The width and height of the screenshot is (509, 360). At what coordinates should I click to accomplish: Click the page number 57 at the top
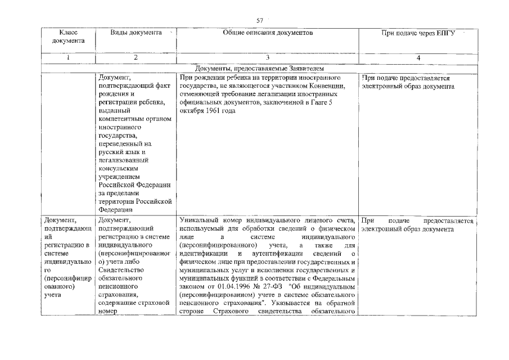260,21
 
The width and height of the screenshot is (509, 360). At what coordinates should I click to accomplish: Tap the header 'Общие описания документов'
268,33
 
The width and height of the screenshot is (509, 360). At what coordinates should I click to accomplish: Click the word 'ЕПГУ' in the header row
444,33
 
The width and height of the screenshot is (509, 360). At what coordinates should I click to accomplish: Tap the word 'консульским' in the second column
119,168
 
